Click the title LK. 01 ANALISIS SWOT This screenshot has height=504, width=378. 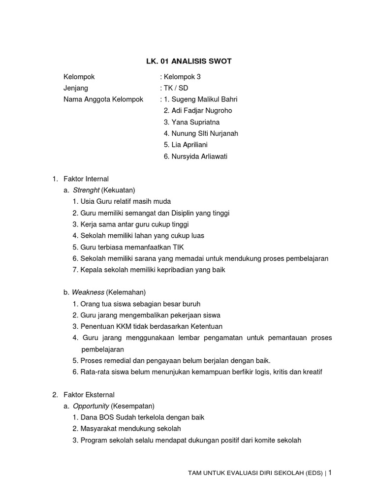(x=186, y=62)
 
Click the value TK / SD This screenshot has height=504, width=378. (x=175, y=88)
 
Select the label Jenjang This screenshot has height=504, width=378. (x=76, y=88)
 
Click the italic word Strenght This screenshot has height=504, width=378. (x=86, y=190)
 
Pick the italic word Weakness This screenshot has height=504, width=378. (x=88, y=292)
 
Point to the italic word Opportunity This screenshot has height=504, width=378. (x=91, y=406)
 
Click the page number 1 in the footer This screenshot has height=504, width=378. (x=330, y=472)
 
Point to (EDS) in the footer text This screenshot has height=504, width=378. (x=314, y=473)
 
